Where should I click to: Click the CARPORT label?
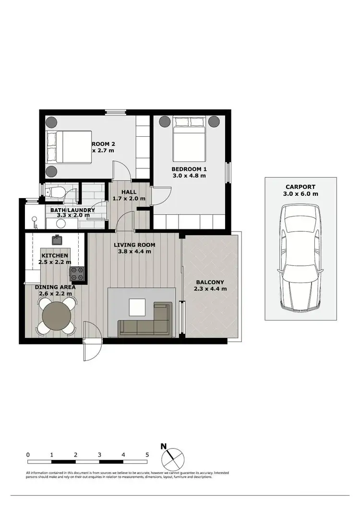[x=301, y=187]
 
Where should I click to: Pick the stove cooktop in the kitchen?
[x=78, y=274]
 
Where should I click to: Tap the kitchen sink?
[x=57, y=238]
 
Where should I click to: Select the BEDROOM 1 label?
[x=189, y=169]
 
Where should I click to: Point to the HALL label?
[x=128, y=192]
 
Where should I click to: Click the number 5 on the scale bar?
[x=147, y=454]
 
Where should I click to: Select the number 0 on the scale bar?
[x=28, y=454]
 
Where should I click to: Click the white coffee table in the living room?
[x=137, y=307]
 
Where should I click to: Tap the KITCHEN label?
[x=54, y=256]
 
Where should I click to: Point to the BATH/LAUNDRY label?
[x=72, y=210]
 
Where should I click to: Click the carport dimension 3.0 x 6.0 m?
[x=301, y=194]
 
